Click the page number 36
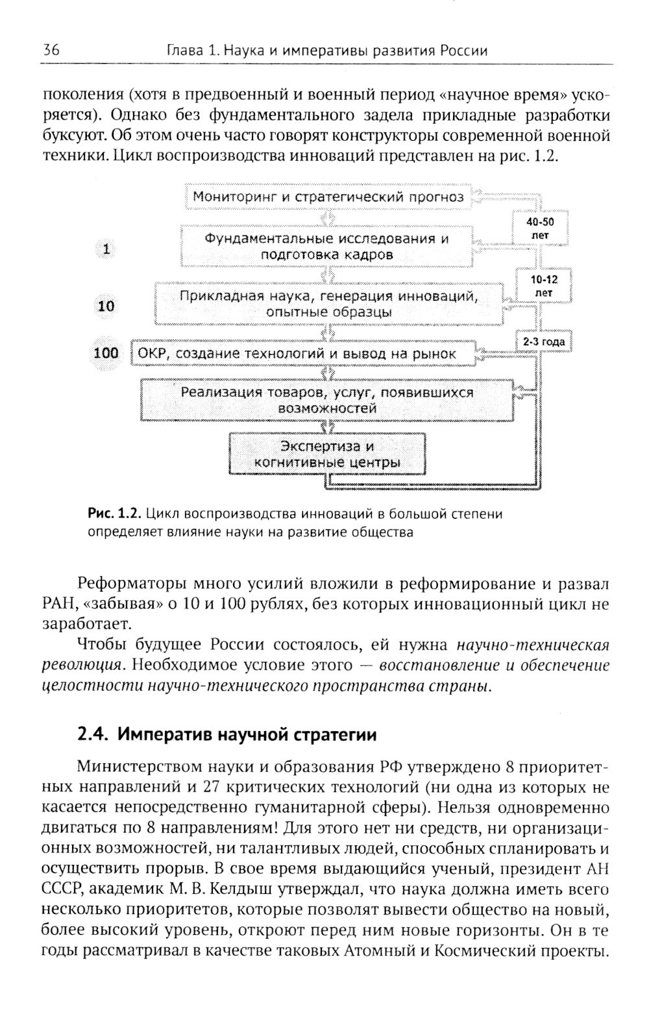click(x=51, y=50)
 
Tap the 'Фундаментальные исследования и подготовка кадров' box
click(x=327, y=246)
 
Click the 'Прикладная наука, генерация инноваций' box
click(x=328, y=304)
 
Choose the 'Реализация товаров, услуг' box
click(x=327, y=400)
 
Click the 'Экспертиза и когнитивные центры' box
click(x=327, y=454)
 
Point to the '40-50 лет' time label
click(x=540, y=228)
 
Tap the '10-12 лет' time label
click(x=544, y=285)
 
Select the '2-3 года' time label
click(x=544, y=341)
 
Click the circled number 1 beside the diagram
click(x=106, y=248)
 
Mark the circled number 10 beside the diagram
click(x=106, y=306)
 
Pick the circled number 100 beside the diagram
click(x=106, y=353)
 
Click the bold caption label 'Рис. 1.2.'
click(x=114, y=514)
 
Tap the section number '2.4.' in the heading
click(x=92, y=734)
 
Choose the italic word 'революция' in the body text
click(x=81, y=665)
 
